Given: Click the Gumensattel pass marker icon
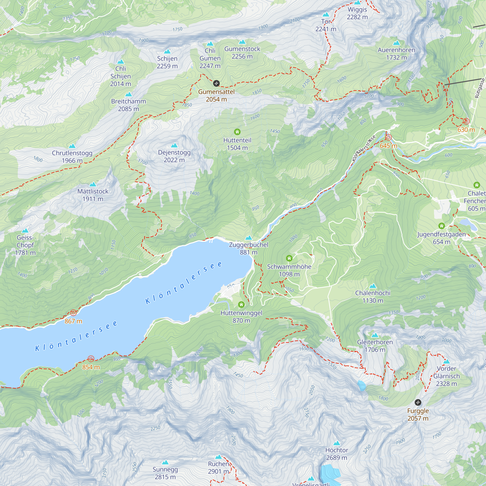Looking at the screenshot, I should [216, 83].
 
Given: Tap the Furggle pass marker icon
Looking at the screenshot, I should [418, 402].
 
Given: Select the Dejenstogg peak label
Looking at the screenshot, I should [174, 156].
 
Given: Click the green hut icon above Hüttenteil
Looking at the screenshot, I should [237, 132].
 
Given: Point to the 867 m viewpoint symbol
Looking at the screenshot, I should [73, 313].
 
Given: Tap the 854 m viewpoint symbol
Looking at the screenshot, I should [91, 359].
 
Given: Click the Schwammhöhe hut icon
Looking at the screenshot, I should [289, 258].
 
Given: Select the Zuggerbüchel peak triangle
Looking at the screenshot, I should [249, 238].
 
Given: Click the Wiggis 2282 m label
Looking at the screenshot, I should [357, 13].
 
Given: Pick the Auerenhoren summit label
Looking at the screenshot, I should [396, 53].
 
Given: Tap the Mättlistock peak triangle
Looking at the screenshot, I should [93, 184].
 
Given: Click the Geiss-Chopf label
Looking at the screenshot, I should [25, 245].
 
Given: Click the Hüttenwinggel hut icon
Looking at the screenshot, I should [241, 305].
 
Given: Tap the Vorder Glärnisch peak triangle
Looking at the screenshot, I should [446, 362].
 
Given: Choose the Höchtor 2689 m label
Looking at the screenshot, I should [337, 454].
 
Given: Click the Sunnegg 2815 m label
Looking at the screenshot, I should [165, 473].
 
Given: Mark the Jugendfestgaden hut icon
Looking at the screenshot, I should [442, 226].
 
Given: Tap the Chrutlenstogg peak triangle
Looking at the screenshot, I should [72, 146].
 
